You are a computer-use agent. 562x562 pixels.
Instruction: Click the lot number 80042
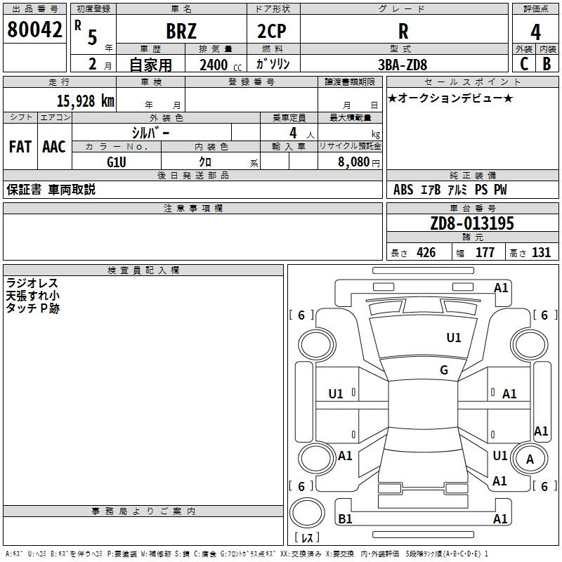click(34, 30)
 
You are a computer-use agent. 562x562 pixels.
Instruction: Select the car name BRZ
click(181, 32)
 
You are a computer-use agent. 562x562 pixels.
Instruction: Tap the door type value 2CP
click(272, 32)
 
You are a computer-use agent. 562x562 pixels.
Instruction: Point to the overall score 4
click(535, 32)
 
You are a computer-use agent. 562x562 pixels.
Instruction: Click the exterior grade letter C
click(524, 64)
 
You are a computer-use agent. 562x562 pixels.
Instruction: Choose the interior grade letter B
click(547, 64)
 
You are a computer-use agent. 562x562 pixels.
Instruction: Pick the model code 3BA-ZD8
click(403, 65)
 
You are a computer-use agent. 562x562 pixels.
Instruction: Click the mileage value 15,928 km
click(85, 100)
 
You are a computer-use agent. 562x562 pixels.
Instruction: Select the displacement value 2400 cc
click(221, 65)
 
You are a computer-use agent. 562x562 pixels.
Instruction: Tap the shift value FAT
click(20, 147)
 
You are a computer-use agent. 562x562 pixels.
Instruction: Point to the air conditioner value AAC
click(54, 147)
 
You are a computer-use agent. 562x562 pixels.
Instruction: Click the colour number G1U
click(117, 162)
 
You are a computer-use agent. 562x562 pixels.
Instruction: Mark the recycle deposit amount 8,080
click(354, 162)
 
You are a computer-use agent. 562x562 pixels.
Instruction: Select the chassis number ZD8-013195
click(472, 223)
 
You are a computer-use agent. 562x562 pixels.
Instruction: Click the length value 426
click(426, 252)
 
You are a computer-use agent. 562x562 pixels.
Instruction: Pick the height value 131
click(541, 252)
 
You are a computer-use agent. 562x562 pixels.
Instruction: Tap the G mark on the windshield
click(444, 370)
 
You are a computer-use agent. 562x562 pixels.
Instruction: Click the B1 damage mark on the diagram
click(345, 518)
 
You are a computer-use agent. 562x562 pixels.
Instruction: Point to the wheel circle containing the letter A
click(530, 459)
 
